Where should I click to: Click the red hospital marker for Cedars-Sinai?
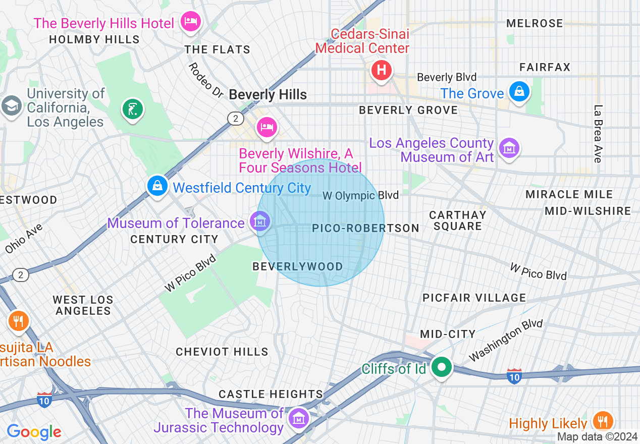click(382, 70)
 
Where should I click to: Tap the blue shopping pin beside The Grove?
click(518, 92)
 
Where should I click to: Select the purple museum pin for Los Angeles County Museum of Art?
click(509, 148)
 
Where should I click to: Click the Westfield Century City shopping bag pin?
click(157, 186)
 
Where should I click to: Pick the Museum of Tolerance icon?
click(260, 221)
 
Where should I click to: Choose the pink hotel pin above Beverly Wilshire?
click(266, 127)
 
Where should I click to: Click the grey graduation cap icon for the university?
click(10, 106)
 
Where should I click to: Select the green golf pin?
click(132, 108)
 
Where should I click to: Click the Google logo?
click(34, 432)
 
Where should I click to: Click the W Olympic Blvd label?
click(360, 195)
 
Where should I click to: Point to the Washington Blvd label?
click(506, 341)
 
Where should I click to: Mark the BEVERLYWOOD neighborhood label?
click(297, 266)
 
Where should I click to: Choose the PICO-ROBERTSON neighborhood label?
click(365, 228)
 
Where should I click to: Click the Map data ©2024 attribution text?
click(597, 436)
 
